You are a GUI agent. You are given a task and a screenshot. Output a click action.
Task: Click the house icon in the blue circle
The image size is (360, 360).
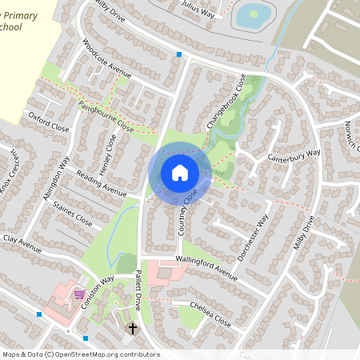pos(179,172)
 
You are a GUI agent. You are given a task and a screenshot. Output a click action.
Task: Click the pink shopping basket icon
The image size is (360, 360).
pos(79,294)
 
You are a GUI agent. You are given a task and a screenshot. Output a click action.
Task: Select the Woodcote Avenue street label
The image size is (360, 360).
pos(106,56)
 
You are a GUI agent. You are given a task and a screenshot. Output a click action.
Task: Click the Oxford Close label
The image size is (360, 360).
pos(49,121)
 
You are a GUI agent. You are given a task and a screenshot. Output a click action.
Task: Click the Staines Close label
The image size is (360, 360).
pos(72,216)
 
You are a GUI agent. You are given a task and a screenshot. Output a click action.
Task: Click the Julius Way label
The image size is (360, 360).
pos(198,10)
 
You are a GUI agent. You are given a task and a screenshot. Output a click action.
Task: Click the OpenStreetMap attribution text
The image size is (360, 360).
pos(81,354)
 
